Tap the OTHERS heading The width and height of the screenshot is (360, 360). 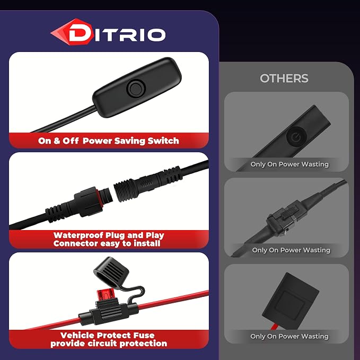284,78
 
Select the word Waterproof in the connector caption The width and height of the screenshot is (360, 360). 78,235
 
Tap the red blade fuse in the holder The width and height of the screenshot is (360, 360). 106,295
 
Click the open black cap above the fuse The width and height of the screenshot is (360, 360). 111,273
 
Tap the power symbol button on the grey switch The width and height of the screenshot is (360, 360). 296,137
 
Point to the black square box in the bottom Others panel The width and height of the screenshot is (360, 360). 290,298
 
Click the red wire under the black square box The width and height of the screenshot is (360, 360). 275,326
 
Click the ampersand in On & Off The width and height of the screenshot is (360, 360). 57,141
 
